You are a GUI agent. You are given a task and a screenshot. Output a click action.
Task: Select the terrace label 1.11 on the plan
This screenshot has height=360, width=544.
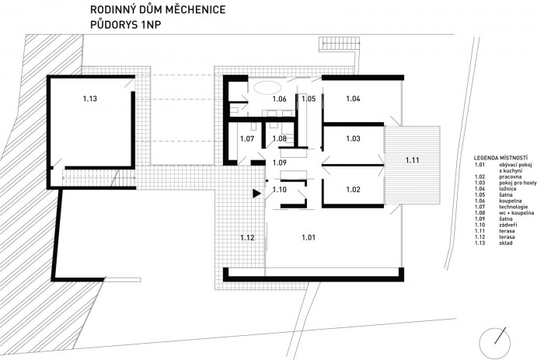point(412,159)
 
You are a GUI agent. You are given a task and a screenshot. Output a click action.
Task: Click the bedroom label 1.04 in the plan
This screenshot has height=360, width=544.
point(353,99)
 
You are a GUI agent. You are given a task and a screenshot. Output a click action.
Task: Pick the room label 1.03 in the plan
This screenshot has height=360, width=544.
point(353,139)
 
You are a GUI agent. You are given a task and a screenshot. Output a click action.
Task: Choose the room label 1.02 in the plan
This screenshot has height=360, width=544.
point(353,189)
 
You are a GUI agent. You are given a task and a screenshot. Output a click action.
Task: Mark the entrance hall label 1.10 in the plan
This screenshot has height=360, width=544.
point(279,189)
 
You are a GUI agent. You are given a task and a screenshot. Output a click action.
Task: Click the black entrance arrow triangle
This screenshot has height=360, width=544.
point(256,194)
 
